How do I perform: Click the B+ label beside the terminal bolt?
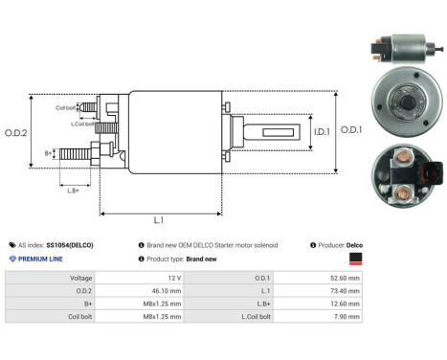click(x=49, y=152)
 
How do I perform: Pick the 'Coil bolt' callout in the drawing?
click(x=65, y=107)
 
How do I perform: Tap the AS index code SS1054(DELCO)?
click(x=72, y=245)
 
